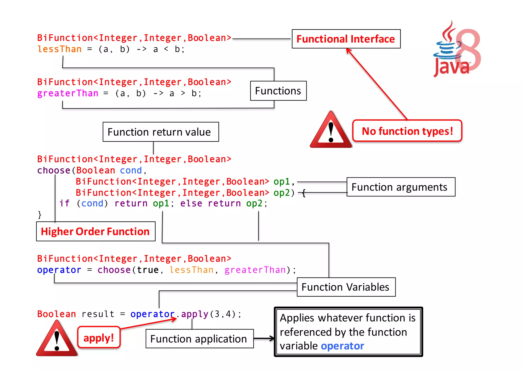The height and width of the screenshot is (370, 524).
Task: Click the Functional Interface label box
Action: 346,39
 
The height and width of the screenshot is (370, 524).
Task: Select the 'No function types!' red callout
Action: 407,131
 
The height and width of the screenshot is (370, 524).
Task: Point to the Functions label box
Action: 278,91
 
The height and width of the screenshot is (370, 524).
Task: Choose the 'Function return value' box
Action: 161,132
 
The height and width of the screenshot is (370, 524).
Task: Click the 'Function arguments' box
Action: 401,187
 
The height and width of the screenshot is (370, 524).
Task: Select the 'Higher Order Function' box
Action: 96,231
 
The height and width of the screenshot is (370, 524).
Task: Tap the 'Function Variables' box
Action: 346,287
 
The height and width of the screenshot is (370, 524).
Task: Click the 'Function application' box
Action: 199,339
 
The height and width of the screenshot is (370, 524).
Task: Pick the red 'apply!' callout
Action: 99,338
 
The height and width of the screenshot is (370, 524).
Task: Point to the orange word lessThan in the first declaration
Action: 59,49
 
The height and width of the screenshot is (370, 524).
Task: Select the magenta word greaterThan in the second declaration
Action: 68,93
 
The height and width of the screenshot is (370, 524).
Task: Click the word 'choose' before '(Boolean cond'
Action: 54,170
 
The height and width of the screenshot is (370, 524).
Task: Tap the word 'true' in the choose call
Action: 148,270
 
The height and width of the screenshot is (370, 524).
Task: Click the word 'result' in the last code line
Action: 98,314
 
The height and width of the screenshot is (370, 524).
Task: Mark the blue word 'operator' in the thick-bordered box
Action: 342,346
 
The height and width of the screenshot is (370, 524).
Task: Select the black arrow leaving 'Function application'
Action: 264,339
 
